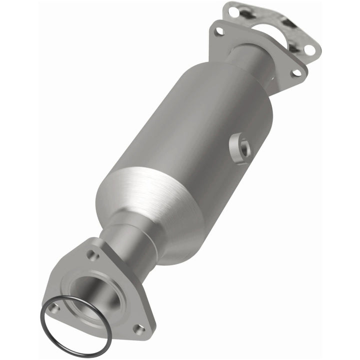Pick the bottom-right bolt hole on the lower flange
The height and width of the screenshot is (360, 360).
click(138, 329)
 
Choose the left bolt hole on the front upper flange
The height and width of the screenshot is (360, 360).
click(218, 31)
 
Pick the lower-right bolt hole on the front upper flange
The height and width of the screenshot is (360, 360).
click(296, 72)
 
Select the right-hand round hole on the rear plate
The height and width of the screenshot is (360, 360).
click(309, 49)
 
